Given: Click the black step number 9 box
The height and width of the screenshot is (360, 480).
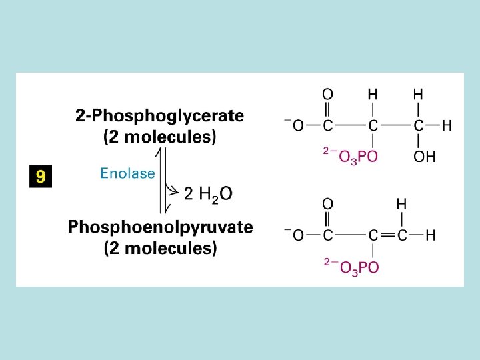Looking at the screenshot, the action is (x=41, y=177).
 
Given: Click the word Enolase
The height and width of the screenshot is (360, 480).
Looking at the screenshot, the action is (x=127, y=174).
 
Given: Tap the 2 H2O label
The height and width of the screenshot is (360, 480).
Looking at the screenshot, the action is (x=208, y=194).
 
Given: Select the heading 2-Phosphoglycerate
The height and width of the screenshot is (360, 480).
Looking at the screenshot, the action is (x=159, y=116).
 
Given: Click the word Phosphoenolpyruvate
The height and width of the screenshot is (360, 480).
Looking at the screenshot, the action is (x=160, y=227).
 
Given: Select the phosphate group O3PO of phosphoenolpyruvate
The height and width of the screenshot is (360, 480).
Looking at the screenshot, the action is (x=359, y=267).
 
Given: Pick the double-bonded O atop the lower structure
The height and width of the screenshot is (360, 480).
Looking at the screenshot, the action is (x=327, y=203).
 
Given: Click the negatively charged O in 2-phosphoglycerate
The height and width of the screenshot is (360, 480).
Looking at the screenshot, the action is (x=297, y=125).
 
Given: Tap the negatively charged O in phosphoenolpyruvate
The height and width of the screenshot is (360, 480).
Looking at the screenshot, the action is (x=297, y=235).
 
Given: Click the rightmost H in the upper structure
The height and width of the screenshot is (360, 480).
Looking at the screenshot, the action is (x=447, y=125).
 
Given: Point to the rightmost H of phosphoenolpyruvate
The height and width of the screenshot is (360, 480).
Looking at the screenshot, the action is (x=431, y=235).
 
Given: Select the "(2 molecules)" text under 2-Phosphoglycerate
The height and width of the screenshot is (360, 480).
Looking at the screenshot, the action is (x=160, y=138).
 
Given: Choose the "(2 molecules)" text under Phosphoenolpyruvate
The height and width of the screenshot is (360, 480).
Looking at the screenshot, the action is (x=160, y=249).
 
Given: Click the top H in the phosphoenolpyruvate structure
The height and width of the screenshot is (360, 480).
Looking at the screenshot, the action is (x=402, y=203).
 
